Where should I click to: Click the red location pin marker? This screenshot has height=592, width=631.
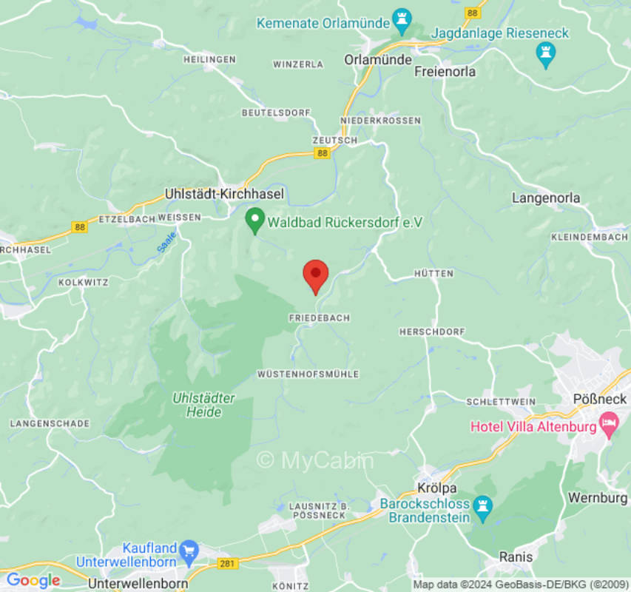click(x=316, y=275)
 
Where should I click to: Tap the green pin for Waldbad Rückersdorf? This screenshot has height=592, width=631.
click(x=255, y=220)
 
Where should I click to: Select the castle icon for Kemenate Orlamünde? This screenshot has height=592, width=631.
click(x=402, y=21)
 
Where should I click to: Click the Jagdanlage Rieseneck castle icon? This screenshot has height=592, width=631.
click(x=546, y=53)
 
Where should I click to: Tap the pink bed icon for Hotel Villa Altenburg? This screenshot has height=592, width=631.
click(x=610, y=425)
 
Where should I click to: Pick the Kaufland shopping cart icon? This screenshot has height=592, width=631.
click(x=189, y=550)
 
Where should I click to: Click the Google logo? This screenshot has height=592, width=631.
click(x=33, y=581)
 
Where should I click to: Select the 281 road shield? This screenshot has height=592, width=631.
click(x=228, y=564)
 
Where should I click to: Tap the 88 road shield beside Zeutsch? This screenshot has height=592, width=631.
click(x=322, y=153)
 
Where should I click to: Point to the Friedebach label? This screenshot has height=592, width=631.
click(x=318, y=317)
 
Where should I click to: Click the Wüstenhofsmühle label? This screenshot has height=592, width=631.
click(x=308, y=374)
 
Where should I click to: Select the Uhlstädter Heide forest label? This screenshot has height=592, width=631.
click(x=203, y=405)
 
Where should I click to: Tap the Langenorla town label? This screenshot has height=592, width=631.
click(x=546, y=198)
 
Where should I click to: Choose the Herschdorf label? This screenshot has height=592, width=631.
click(x=432, y=332)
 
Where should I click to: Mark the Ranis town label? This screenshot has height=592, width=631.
click(x=516, y=556)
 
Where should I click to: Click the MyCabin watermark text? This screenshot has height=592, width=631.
click(x=315, y=460)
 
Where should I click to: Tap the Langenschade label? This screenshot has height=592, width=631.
click(x=50, y=423)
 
